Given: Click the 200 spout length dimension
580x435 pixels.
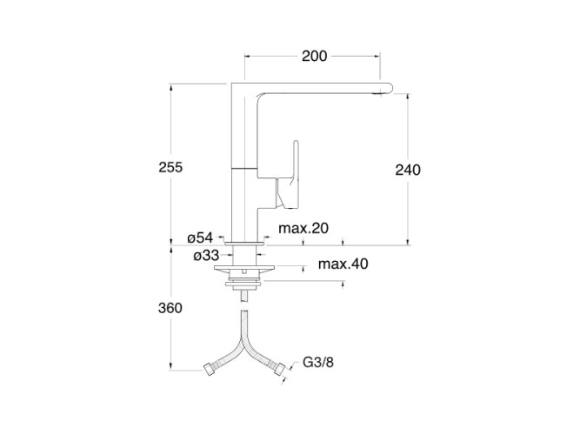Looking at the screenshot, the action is coord(315,57).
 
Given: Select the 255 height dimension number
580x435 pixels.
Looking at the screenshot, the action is coord(170,167).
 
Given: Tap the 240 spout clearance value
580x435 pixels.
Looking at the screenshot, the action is coord(408,170).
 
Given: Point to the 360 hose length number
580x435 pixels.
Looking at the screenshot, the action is coord(170,308).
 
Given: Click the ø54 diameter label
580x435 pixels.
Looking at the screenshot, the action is coord(200,238).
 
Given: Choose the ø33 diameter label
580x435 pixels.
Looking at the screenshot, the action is coord(206,256).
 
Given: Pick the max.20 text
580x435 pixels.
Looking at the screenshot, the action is coord(303,228).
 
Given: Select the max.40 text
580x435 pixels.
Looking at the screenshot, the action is coord(343,264).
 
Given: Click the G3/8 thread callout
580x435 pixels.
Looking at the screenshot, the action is coord(318,362).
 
